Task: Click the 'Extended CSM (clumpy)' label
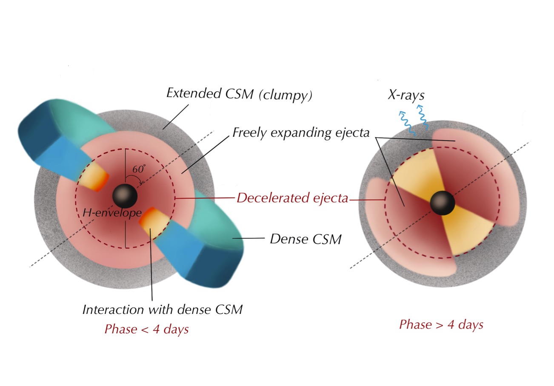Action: tap(239, 94)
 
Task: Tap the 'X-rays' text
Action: tap(406, 95)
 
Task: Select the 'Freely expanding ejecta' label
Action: tap(301, 133)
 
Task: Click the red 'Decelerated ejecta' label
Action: tap(292, 198)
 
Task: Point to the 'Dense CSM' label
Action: tap(306, 239)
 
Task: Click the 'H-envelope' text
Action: tap(111, 213)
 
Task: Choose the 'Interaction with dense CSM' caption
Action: tap(162, 309)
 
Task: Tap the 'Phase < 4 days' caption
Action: tap(146, 329)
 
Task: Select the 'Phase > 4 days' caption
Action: tap(441, 325)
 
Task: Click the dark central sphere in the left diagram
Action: tap(125, 196)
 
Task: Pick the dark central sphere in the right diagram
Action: tap(443, 203)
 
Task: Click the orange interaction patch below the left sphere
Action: tap(152, 223)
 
